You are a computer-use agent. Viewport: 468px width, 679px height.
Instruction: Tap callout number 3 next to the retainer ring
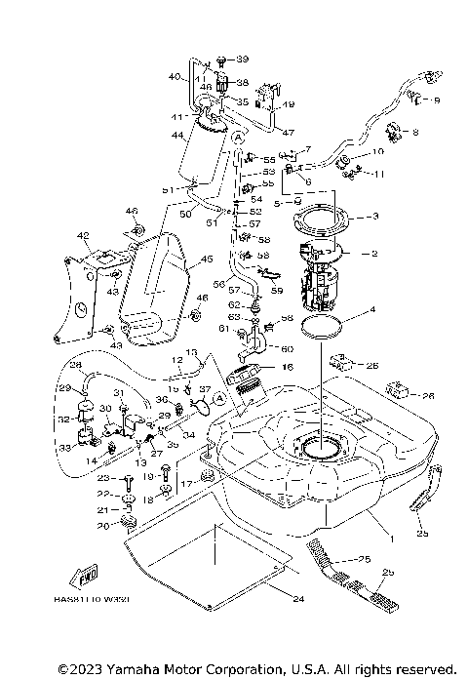tap(375, 216)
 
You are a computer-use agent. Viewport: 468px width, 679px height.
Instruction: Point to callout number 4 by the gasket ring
tap(371, 313)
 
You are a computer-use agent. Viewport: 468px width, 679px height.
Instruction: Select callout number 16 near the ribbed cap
tap(288, 368)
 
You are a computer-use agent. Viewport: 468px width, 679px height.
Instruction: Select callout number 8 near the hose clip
tap(415, 132)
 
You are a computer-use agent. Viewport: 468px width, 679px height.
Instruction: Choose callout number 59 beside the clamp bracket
tap(277, 290)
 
